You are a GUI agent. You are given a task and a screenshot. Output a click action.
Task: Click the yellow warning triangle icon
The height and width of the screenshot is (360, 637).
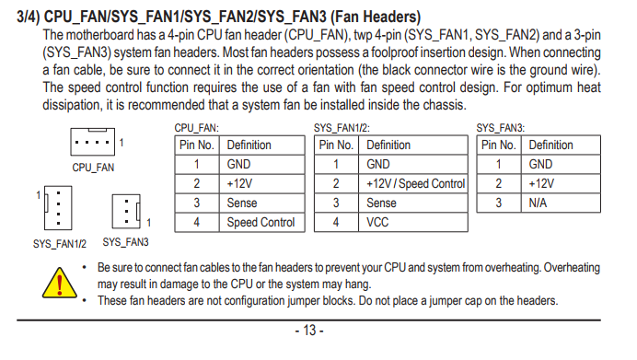coord(59,284)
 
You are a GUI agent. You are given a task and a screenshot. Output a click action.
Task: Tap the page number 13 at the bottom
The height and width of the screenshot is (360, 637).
coord(309,331)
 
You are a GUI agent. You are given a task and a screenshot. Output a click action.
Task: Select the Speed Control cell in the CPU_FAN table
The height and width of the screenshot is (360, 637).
coord(261,222)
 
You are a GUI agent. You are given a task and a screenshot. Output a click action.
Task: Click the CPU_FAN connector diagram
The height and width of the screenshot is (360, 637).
coord(93,142)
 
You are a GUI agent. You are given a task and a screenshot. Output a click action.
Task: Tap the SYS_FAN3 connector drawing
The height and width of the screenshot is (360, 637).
coord(126,211)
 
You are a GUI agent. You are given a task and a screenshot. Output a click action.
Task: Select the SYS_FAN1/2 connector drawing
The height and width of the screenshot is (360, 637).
coord(58,208)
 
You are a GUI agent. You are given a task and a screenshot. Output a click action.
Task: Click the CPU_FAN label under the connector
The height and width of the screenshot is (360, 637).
coord(93,168)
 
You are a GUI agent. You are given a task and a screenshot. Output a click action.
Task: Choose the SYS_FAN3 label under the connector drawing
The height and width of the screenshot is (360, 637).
coord(125,242)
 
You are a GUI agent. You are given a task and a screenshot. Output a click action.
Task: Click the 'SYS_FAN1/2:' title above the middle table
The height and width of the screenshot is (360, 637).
coord(342,128)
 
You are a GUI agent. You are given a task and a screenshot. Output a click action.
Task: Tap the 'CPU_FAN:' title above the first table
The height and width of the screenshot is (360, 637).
coord(197,128)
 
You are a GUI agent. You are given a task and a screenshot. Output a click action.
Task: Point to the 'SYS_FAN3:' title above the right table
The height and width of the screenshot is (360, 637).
coord(501,128)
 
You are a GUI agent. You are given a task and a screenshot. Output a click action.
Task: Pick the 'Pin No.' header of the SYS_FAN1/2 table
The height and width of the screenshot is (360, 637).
coord(336,145)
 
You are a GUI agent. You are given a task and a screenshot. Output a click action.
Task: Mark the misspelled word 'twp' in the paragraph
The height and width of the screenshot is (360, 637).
coord(363,35)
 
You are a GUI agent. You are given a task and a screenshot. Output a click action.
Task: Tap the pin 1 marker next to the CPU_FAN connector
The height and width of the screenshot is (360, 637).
coord(122,142)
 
